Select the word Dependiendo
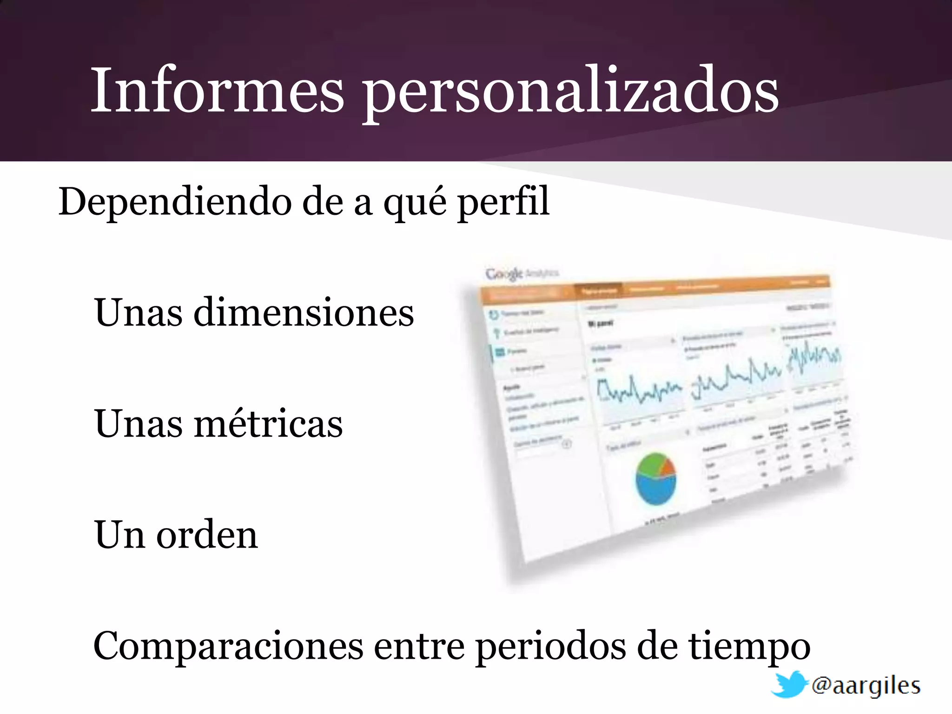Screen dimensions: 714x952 [174, 202]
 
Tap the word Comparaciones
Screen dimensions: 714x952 [228, 646]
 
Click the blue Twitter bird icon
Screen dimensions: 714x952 [788, 684]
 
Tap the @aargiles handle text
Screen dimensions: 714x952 [866, 686]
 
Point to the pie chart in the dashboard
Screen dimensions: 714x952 [655, 479]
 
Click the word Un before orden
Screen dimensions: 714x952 [119, 535]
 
